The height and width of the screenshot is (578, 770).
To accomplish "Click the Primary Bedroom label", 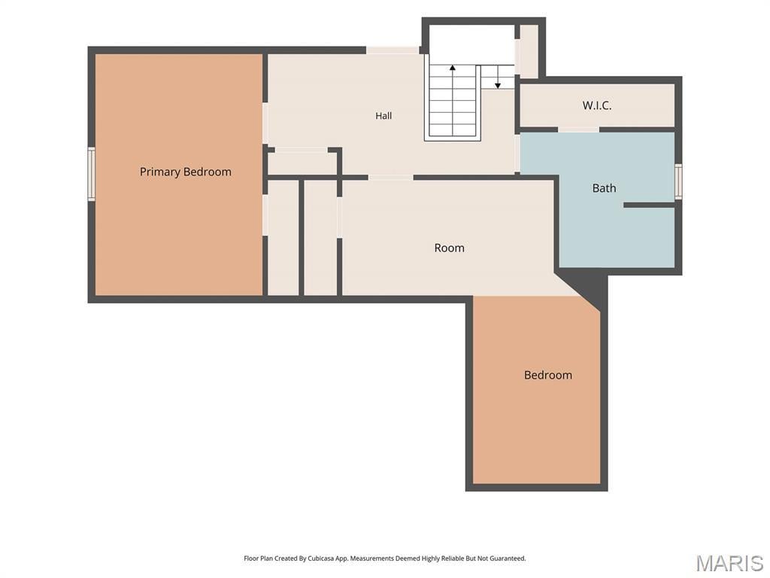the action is (185, 172).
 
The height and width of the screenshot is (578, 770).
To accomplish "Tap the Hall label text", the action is (383, 115).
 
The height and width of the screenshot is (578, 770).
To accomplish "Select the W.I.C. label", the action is (597, 105).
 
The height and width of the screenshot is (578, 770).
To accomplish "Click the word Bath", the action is (604, 187).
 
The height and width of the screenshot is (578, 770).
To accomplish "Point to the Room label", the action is (450, 248).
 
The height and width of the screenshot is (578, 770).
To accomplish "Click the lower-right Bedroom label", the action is (548, 375).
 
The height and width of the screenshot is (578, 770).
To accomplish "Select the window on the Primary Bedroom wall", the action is (91, 174).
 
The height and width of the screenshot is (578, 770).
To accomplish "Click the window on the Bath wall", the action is (678, 181).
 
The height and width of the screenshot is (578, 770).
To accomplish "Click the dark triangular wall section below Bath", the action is (588, 287).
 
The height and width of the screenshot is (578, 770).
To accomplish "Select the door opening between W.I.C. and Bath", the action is (578, 129).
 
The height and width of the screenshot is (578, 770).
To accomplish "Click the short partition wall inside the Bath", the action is (649, 205).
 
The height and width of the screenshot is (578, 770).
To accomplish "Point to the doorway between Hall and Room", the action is (391, 178).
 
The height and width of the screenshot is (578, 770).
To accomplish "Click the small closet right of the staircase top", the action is (529, 51).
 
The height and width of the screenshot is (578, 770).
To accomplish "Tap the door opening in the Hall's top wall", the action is (393, 50).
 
